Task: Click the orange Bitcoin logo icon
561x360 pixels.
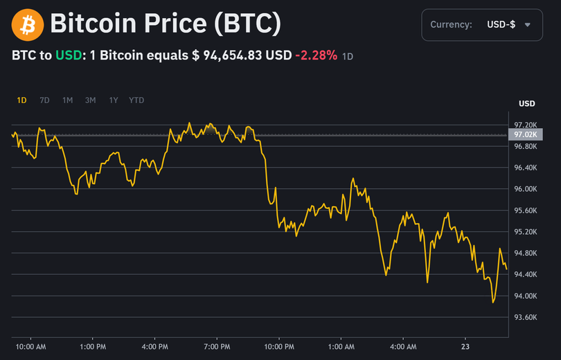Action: click(28, 25)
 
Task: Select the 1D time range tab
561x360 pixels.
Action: click(21, 100)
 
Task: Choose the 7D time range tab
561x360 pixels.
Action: click(44, 100)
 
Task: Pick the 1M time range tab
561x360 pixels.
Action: click(67, 100)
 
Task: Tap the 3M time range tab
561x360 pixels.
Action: click(90, 100)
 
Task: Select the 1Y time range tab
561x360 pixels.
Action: click(113, 100)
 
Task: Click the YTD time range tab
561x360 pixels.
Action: click(136, 100)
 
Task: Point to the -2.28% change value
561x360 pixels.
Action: click(317, 55)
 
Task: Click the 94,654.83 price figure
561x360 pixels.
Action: click(232, 55)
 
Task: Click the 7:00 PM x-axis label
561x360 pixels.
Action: click(217, 346)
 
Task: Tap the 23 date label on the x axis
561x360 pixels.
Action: click(465, 346)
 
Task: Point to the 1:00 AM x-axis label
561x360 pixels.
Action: click(341, 346)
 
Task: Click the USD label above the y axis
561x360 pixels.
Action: click(527, 104)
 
